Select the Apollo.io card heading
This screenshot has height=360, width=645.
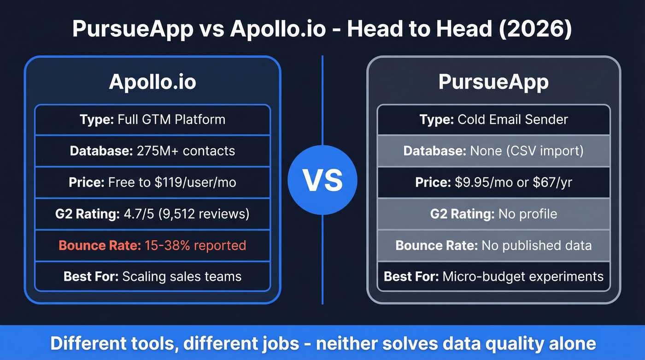coord(152,82)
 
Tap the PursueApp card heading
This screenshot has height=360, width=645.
coord(493,82)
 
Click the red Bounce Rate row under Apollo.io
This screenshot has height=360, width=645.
coord(152,245)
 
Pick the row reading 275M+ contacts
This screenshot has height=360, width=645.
coord(152,151)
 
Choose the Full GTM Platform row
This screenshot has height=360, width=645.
coord(152,119)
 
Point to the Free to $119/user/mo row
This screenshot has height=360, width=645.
coord(152,182)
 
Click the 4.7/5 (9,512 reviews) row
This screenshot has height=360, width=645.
coord(152,213)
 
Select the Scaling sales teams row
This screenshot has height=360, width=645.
coord(152,276)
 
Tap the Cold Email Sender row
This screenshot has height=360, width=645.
coord(493,119)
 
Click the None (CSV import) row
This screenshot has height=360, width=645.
coord(493,151)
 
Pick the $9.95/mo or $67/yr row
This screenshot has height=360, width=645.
coord(493,182)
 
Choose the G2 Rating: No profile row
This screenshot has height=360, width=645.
coord(493,213)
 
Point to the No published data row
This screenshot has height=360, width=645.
coord(493,245)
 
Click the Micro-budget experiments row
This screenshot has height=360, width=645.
coord(493,276)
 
